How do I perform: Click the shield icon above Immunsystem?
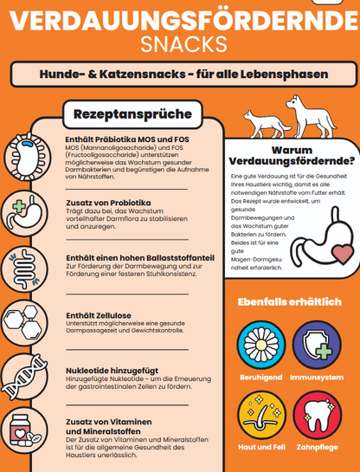(317, 343)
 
